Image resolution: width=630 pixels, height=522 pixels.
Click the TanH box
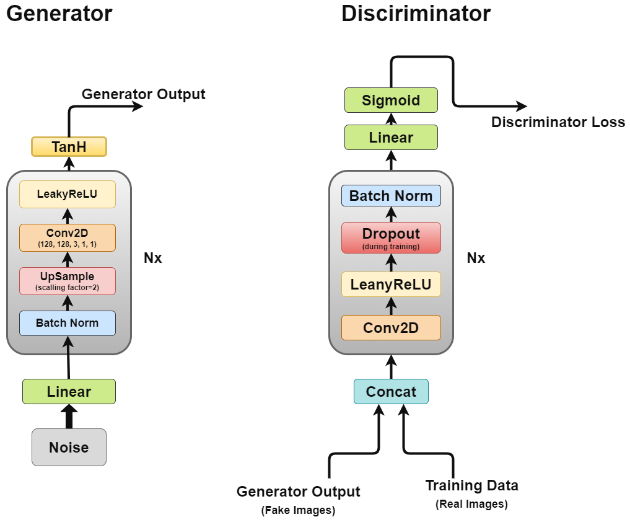coord(69,146)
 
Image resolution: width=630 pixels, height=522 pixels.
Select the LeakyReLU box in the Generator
coord(67,193)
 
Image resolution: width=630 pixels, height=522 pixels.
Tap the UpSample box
coord(67,280)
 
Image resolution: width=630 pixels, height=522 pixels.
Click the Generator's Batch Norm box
coord(67,323)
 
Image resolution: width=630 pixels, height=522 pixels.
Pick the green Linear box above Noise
coord(69,391)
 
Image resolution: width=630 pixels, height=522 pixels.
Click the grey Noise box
coord(69,447)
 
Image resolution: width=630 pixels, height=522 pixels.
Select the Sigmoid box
coord(391,100)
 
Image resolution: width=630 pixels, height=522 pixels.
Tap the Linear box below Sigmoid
coord(391,137)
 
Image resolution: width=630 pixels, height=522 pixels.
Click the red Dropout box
coord(391,237)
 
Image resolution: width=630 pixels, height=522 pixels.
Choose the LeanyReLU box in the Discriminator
coord(391,285)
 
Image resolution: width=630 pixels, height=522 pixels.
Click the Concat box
coord(391,391)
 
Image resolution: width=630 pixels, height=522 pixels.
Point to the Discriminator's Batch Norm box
coord(391,196)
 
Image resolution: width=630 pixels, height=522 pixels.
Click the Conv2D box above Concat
coord(391,327)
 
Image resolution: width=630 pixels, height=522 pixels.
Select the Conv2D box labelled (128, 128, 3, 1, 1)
coord(67,237)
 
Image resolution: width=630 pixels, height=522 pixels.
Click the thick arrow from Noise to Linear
coord(69,417)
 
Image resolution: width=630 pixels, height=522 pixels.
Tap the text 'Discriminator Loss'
coord(558,122)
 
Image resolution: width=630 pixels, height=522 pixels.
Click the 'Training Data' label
coord(471,485)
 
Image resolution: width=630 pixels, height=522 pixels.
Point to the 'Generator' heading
coord(59,14)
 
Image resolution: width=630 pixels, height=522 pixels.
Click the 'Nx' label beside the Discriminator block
coord(476,257)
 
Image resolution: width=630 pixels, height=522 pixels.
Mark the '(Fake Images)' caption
coord(298,511)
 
